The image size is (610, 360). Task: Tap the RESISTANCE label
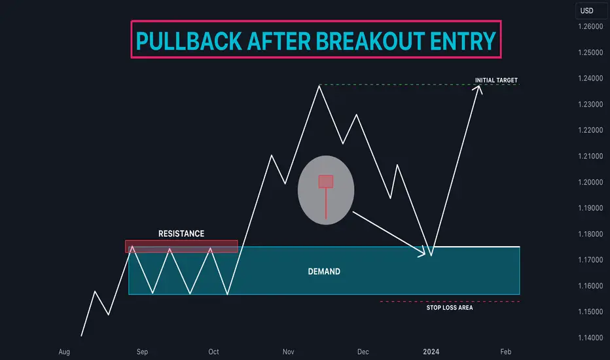(181, 234)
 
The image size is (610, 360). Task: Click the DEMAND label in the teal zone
(324, 271)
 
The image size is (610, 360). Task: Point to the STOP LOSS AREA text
(450, 308)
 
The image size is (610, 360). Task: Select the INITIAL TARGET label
(496, 80)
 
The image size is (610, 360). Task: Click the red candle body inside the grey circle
(326, 181)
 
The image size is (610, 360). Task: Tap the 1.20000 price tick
(590, 182)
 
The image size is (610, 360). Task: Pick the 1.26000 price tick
(590, 26)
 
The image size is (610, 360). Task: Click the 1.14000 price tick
(590, 338)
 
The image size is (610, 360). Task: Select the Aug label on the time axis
(64, 352)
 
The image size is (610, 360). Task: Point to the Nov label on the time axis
(288, 352)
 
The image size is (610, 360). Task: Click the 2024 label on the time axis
(431, 352)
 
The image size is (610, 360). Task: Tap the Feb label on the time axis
(506, 352)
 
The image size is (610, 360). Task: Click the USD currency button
(587, 11)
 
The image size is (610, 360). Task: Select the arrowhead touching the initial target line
(478, 89)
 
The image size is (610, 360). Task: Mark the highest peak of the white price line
(319, 86)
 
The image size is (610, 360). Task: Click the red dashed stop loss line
(450, 302)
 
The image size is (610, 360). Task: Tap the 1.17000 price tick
(590, 260)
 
